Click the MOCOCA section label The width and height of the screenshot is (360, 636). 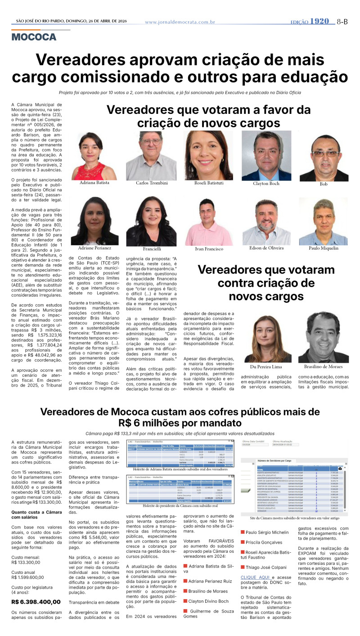[34, 37]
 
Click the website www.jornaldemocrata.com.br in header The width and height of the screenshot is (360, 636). [180, 22]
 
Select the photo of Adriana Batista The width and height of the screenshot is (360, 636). [94, 156]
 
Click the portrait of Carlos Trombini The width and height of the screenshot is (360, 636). [151, 156]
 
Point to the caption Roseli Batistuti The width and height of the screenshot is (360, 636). [208, 184]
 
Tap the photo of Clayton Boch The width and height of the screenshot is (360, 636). [266, 156]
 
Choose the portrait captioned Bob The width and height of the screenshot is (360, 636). [324, 158]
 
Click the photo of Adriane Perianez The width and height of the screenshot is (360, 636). [94, 221]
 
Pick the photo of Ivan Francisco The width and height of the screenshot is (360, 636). [208, 221]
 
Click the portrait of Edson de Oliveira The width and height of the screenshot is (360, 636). [266, 221]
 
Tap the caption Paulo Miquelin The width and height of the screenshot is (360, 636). [324, 248]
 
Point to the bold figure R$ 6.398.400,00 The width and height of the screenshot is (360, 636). [36, 601]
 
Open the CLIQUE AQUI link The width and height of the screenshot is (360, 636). [255, 577]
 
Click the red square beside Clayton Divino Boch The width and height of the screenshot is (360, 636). [185, 601]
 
